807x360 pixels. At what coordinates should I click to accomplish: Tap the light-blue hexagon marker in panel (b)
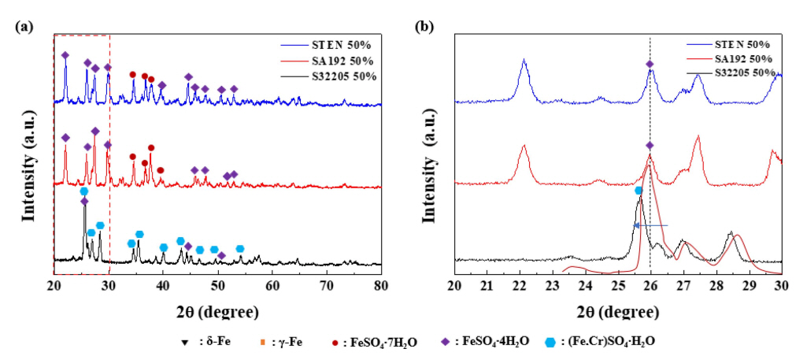[639, 191]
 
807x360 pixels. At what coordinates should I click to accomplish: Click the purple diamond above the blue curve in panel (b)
[650, 64]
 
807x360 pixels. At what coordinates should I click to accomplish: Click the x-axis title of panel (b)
[617, 311]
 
